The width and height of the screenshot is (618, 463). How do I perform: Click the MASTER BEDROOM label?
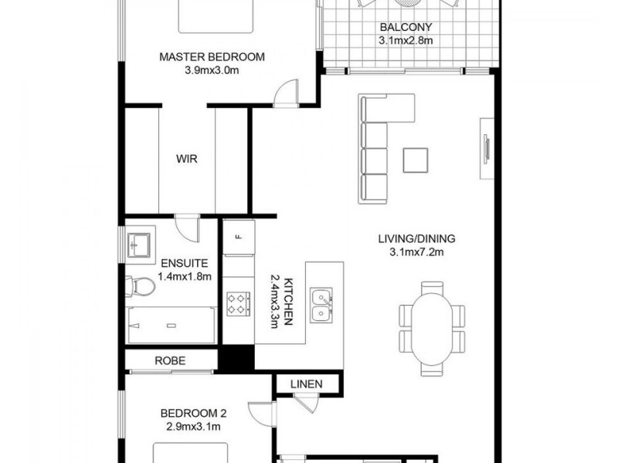(x=212, y=56)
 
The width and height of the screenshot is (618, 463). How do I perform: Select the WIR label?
(x=187, y=160)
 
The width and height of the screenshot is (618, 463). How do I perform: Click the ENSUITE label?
(x=185, y=262)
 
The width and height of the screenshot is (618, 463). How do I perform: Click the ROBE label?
(x=169, y=360)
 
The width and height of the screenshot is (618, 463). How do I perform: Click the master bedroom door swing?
(x=284, y=92)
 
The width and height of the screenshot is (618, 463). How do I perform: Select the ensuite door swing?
(x=186, y=227)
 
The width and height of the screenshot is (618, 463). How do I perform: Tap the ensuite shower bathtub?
(x=170, y=325)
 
